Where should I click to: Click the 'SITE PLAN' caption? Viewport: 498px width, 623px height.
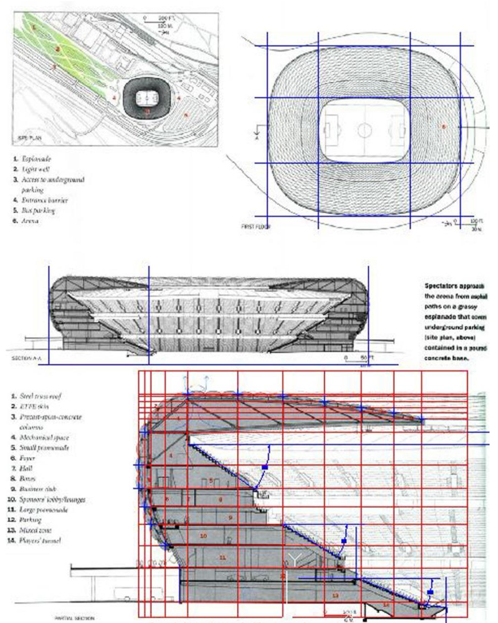click(x=28, y=137)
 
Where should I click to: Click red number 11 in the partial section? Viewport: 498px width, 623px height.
click(x=222, y=557)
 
